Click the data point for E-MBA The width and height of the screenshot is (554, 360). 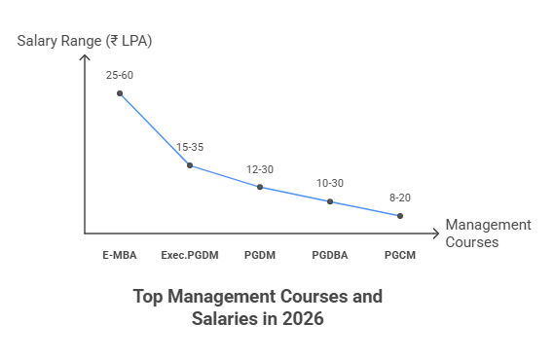120,93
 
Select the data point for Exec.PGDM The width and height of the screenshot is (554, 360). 190,165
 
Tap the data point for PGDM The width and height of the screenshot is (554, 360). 260,187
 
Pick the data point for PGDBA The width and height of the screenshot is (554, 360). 330,201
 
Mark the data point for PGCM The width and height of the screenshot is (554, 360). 400,216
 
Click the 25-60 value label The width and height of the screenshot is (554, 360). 120,74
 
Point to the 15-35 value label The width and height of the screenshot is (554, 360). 190,147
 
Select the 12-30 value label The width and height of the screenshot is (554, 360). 260,169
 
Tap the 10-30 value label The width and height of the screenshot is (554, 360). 330,183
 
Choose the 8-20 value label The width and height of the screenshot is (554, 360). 399,198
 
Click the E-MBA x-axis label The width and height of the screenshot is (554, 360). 120,255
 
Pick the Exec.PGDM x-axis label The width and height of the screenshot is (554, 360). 190,255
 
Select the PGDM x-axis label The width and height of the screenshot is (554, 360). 260,255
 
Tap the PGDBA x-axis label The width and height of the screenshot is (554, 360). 330,255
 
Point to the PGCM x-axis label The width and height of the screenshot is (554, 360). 400,255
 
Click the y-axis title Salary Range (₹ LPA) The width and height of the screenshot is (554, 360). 85,41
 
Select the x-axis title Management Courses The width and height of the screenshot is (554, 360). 488,234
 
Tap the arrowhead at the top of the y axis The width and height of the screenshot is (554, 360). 85,57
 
